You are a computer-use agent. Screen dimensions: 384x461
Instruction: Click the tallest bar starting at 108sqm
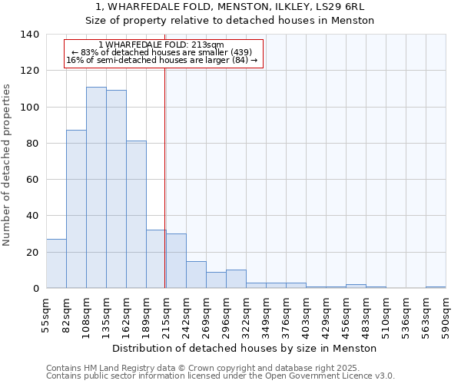96,187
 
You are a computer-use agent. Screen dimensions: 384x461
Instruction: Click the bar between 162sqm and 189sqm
136,214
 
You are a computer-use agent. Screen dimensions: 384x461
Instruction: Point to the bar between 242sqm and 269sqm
196,275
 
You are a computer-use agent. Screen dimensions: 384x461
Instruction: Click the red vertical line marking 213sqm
164,177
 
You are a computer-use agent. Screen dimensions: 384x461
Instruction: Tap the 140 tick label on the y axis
29,35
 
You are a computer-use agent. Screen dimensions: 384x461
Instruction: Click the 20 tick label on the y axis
32,253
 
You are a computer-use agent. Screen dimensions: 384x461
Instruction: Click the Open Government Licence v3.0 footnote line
220,376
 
